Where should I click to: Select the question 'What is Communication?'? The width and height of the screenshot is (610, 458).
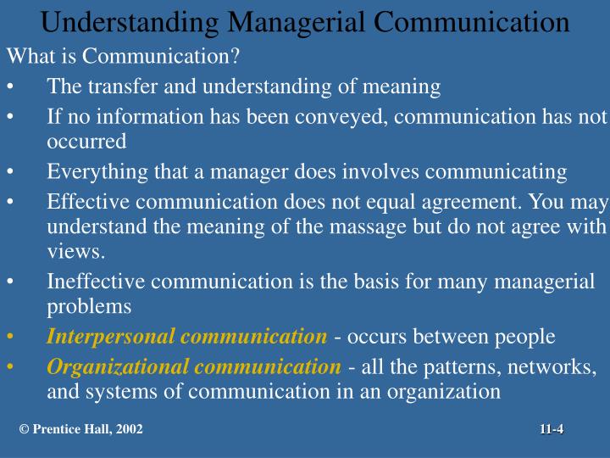click(x=124, y=58)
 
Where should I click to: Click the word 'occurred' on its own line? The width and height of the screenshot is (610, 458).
click(x=86, y=141)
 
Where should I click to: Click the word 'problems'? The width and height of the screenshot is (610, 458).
click(x=89, y=305)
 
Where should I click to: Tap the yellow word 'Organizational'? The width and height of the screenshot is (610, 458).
click(x=119, y=367)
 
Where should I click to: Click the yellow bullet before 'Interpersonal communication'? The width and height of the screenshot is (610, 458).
click(x=9, y=337)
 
